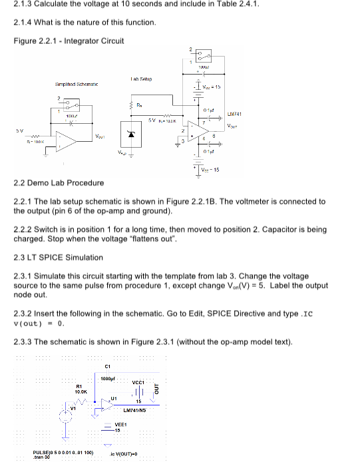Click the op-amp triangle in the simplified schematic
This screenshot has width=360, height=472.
[x=67, y=140]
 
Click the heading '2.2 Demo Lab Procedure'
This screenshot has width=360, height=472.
[x=59, y=182]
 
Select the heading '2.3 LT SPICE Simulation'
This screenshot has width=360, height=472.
[x=59, y=257]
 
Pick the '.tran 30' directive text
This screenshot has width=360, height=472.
[x=42, y=457]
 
